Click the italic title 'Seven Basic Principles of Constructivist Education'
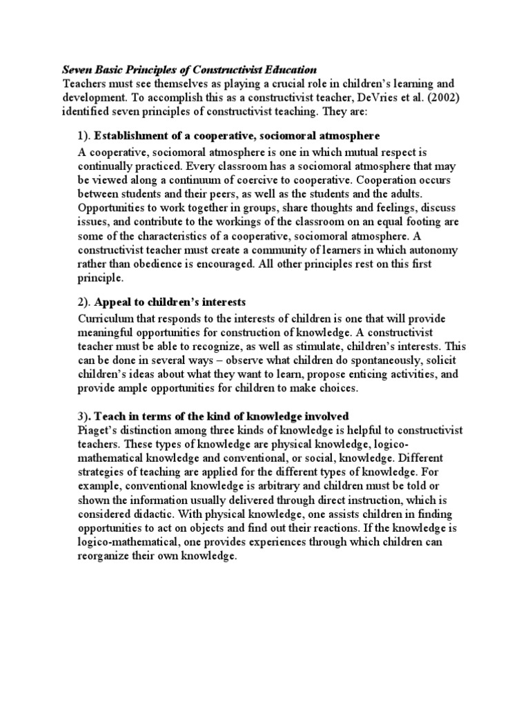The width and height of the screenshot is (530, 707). click(189, 70)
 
